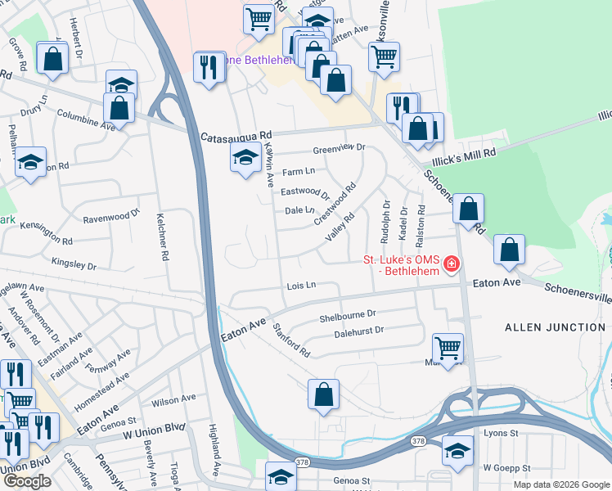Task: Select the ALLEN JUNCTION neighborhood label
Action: click(554, 327)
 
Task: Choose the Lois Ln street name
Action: click(301, 286)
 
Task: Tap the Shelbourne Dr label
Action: click(347, 313)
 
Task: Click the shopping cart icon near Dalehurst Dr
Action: click(448, 349)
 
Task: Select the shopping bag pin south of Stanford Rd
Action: click(324, 394)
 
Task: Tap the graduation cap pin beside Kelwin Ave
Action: click(245, 158)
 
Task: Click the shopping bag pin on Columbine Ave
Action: click(119, 108)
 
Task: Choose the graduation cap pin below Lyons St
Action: click(457, 450)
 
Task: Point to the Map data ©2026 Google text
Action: click(561, 484)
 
